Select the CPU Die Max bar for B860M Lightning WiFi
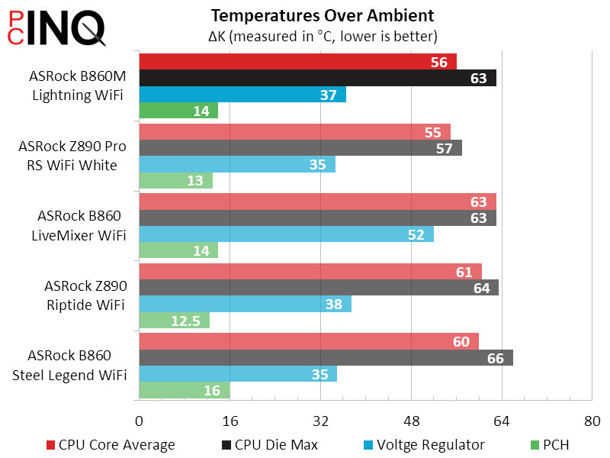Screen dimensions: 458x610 [x=317, y=78]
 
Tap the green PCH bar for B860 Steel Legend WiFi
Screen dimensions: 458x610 [x=184, y=390]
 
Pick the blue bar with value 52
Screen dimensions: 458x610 [x=286, y=234]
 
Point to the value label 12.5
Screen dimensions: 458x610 [x=185, y=321]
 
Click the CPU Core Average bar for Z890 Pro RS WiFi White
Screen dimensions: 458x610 [x=294, y=131]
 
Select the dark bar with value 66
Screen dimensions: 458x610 [x=326, y=358]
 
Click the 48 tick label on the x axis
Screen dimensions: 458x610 [x=411, y=421]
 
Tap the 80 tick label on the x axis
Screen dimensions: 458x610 [x=592, y=421]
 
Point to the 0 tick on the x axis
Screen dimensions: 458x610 [x=139, y=421]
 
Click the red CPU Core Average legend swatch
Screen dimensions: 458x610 [x=51, y=445]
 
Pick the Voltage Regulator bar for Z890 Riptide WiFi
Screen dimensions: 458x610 [x=245, y=305]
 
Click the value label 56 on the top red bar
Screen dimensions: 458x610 [x=438, y=63]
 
